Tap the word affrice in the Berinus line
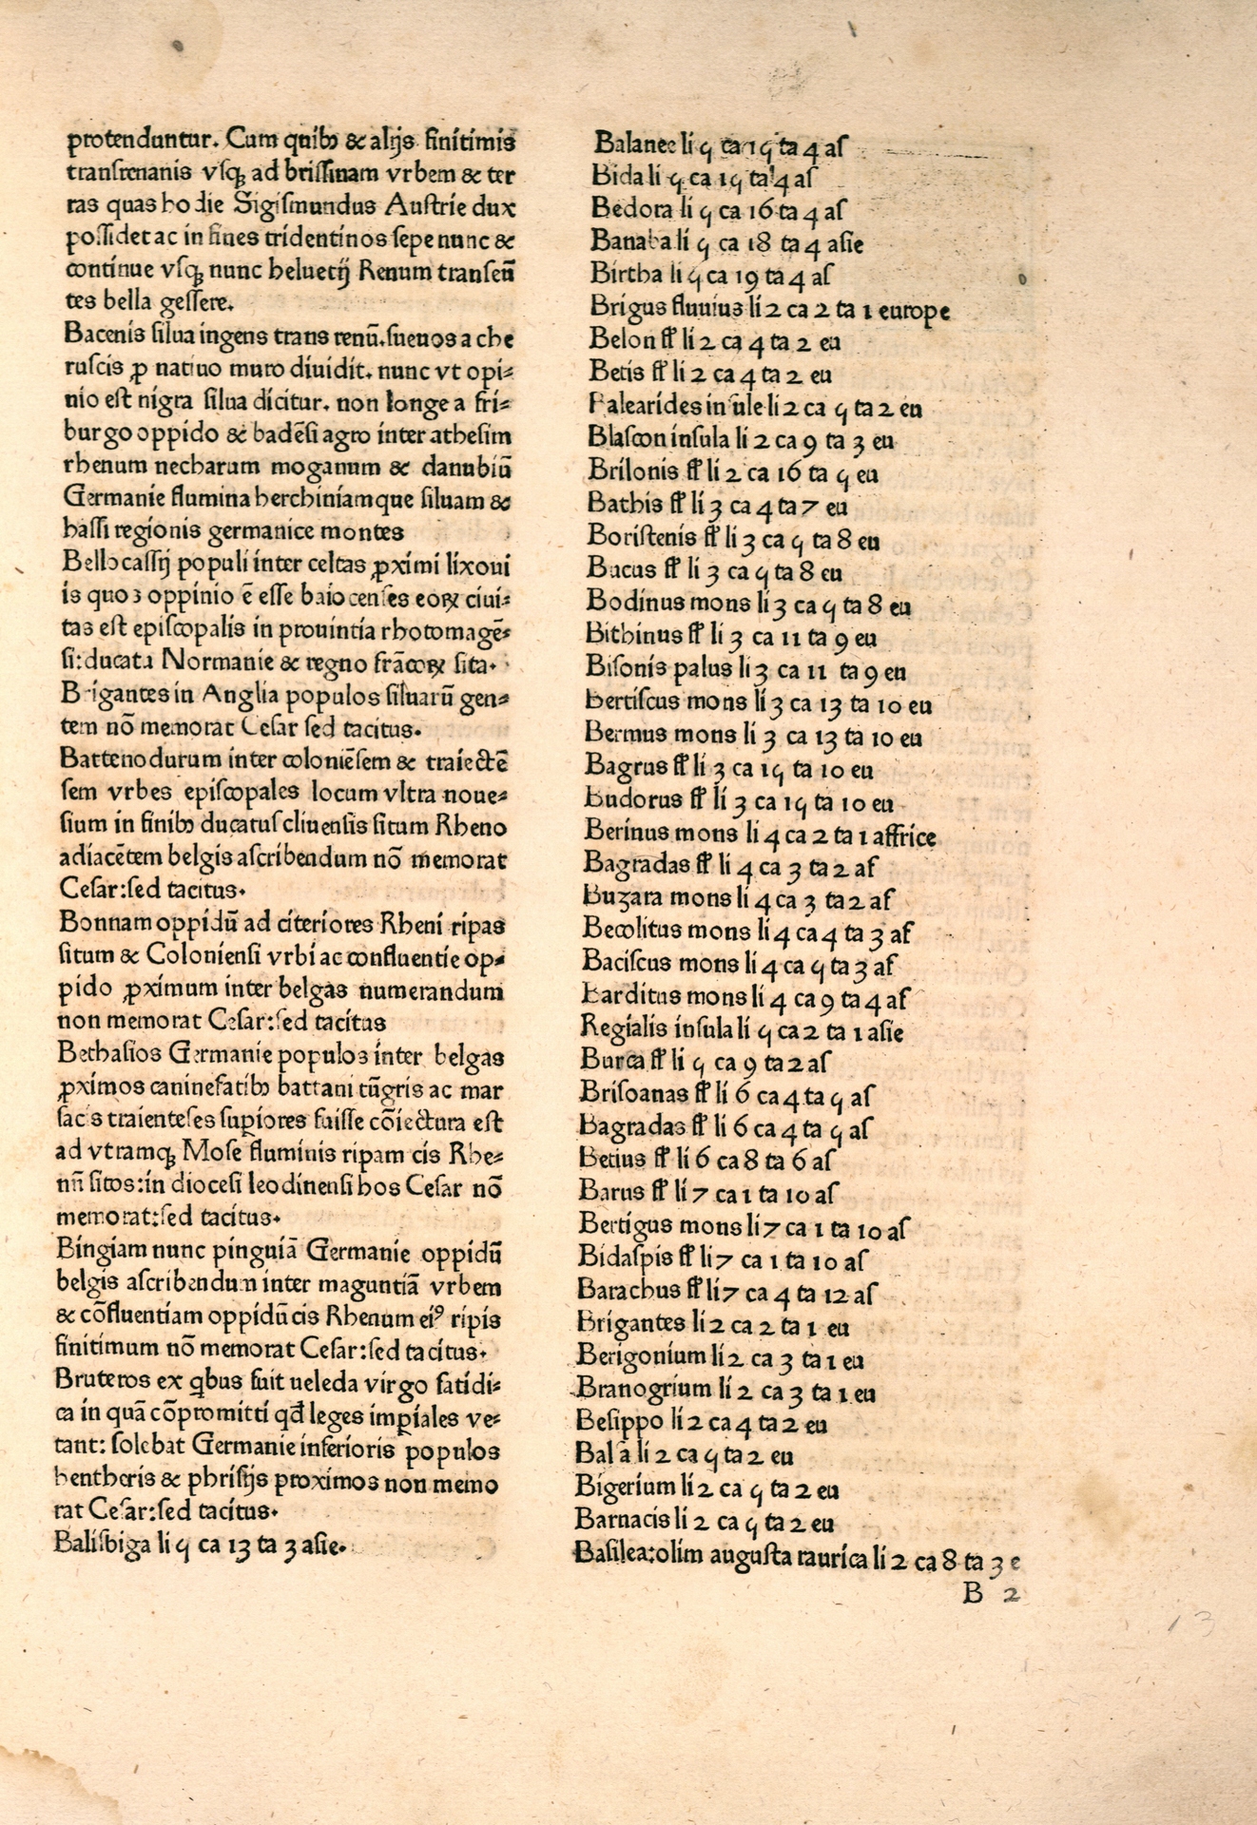(x=901, y=836)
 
